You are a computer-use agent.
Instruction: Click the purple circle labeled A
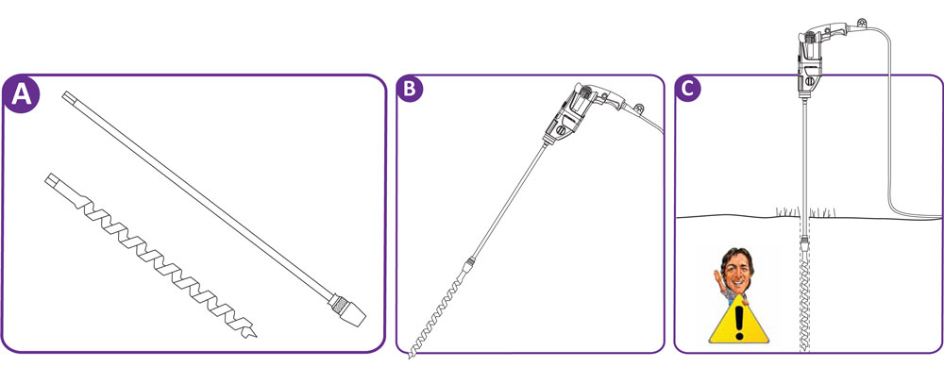[22, 94]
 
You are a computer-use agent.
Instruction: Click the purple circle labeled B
[410, 88]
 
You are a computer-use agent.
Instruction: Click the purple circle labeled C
[687, 88]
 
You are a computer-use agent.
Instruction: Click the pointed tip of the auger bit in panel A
[256, 336]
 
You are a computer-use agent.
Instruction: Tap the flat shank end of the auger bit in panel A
[52, 180]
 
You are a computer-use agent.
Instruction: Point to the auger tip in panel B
[412, 355]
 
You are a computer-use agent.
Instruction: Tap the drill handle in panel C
[834, 29]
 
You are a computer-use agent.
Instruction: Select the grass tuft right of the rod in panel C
[822, 211]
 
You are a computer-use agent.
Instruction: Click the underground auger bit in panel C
[805, 304]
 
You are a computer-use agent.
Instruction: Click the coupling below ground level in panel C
[805, 245]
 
